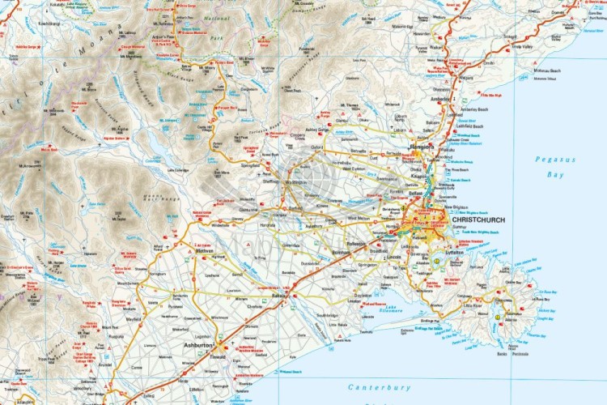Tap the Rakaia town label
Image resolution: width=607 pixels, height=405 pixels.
279,296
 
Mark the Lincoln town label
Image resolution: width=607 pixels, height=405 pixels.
395,257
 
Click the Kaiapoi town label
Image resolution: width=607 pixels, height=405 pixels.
420,175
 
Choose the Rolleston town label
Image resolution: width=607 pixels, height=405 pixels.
356,243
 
